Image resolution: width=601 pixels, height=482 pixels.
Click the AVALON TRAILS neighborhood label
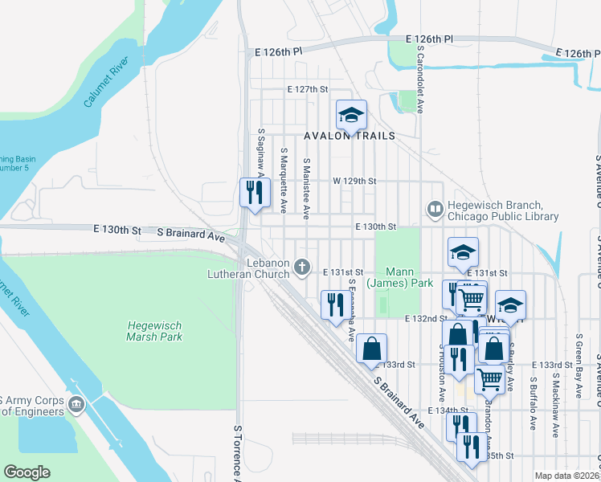(350, 136)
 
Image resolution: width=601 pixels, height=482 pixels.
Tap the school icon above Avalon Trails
(350, 116)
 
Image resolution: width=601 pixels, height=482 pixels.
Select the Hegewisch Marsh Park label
(155, 331)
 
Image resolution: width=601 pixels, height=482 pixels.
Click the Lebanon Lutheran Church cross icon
(302, 266)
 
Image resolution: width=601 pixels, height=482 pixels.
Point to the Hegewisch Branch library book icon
(435, 210)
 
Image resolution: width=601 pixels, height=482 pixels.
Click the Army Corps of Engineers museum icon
(76, 402)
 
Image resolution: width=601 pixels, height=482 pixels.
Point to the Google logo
(27, 472)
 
